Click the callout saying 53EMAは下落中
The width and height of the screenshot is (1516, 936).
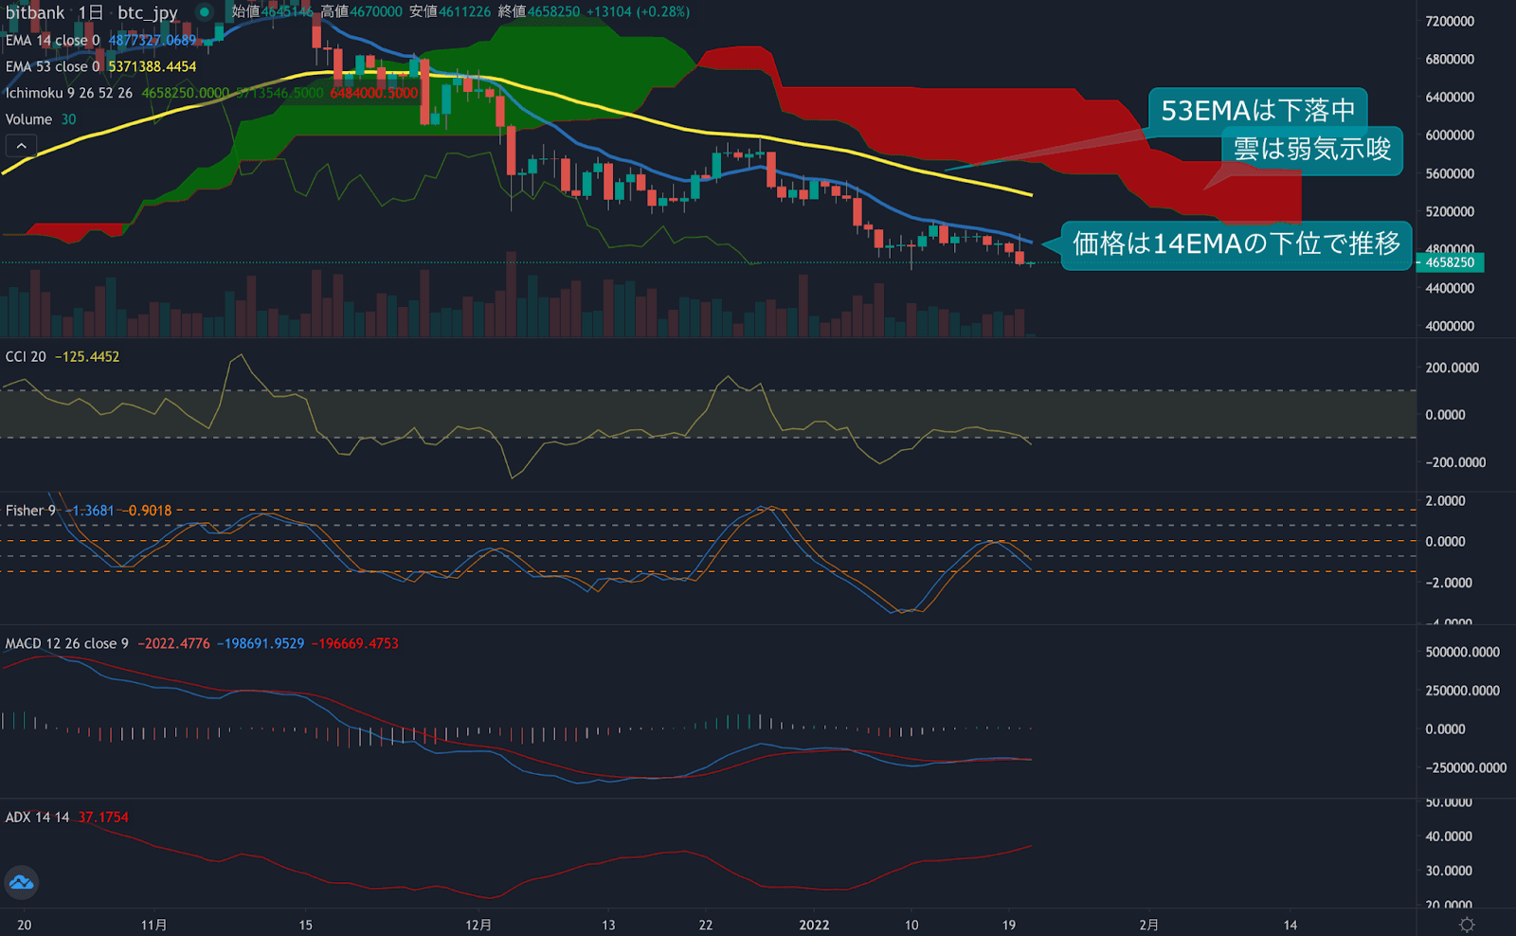(x=1257, y=111)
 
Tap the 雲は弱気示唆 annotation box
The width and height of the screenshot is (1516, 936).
(x=1311, y=149)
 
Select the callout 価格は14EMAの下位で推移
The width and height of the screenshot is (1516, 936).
(x=1236, y=244)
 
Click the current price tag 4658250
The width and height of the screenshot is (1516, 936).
(x=1450, y=262)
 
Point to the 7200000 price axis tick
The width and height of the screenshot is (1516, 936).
(x=1450, y=21)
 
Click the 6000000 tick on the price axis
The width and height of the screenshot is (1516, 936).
(x=1450, y=135)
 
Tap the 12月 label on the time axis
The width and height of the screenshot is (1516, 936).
(x=478, y=925)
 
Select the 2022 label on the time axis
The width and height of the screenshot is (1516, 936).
(x=814, y=925)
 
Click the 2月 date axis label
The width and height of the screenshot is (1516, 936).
(x=1148, y=925)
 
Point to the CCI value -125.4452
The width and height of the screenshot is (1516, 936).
(x=87, y=357)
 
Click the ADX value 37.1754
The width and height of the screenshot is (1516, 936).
(x=103, y=818)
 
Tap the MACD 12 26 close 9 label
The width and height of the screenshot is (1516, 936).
(x=66, y=643)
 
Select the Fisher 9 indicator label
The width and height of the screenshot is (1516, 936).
(x=30, y=511)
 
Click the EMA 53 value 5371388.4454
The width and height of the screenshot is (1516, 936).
(x=153, y=66)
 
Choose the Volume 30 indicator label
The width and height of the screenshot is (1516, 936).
(x=40, y=119)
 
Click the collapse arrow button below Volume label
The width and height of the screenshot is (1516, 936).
(x=21, y=146)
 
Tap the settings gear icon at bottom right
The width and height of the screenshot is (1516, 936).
(x=1467, y=925)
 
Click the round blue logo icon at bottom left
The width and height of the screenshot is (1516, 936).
(x=21, y=883)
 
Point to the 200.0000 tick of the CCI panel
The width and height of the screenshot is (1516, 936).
(x=1452, y=368)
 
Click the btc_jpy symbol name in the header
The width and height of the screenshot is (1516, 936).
(x=147, y=12)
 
